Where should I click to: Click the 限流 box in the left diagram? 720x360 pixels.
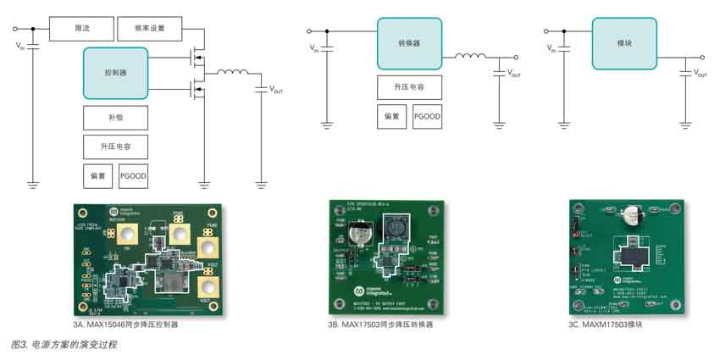81,30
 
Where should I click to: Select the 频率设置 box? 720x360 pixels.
150,30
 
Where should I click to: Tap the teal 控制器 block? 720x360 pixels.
115,74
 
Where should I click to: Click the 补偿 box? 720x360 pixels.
115,118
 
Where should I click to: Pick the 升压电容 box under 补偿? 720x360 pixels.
115,147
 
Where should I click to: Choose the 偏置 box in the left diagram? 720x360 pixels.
97,175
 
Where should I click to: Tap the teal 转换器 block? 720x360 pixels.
409,43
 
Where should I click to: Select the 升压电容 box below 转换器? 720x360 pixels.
409,87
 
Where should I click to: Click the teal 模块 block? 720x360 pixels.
623,43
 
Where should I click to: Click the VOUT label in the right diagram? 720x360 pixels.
701,75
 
